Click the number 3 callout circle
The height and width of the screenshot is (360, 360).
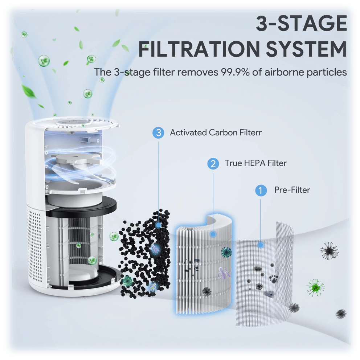click(x=158, y=133)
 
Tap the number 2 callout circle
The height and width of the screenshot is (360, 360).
click(x=213, y=164)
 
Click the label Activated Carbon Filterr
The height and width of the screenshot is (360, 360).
click(x=216, y=133)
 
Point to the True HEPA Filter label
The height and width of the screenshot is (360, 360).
click(x=255, y=163)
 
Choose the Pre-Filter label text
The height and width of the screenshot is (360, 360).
click(x=292, y=190)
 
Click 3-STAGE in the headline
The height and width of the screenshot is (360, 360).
click(x=301, y=24)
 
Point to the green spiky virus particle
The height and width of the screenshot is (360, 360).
click(x=315, y=287)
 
